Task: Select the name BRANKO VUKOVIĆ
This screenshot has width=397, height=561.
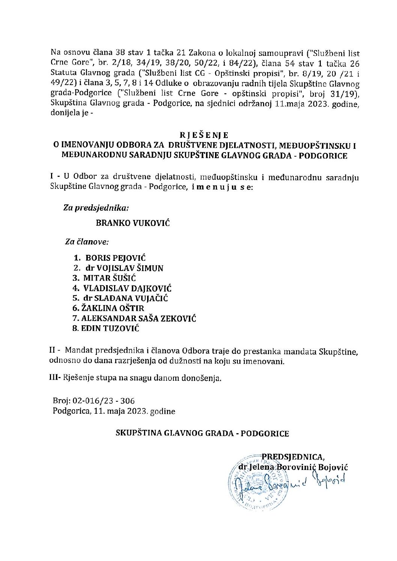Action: [133, 223]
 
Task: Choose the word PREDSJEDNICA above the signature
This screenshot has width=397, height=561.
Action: [293, 457]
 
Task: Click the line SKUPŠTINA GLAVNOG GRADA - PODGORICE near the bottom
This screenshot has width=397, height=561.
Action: [203, 434]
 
